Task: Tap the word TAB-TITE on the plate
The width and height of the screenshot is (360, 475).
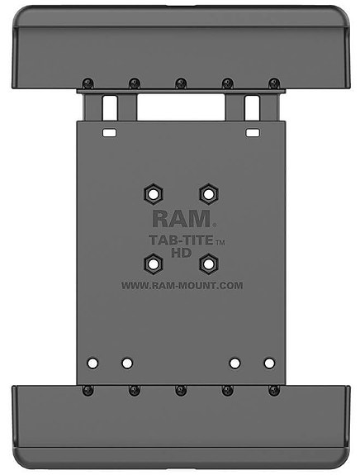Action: (x=174, y=241)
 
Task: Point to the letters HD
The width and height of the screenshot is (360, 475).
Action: (x=181, y=253)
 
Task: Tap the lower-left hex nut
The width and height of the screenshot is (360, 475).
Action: (x=153, y=264)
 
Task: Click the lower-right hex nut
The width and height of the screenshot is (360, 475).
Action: (x=207, y=264)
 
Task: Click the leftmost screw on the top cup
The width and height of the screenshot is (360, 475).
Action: (x=86, y=83)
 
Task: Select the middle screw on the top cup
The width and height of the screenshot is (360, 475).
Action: (x=180, y=83)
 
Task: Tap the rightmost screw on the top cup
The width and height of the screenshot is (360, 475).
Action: (x=274, y=83)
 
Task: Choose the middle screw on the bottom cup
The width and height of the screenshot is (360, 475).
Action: (x=180, y=389)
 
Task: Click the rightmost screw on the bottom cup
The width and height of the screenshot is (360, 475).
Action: (x=274, y=389)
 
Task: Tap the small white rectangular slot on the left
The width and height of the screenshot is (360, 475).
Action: (x=108, y=131)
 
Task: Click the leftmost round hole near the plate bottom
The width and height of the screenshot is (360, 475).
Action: (x=92, y=362)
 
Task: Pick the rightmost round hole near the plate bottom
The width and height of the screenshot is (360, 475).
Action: (x=268, y=362)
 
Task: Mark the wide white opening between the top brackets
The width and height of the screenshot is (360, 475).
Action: (x=180, y=108)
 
